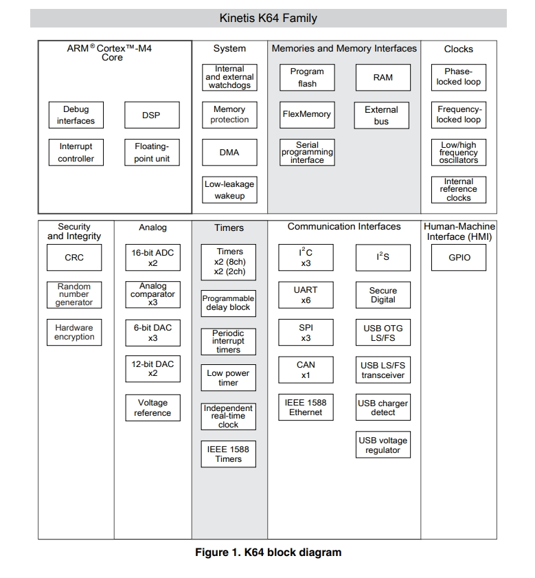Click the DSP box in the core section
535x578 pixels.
click(152, 115)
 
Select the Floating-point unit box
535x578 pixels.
click(152, 153)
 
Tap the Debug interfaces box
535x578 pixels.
click(76, 115)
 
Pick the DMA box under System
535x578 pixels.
click(229, 153)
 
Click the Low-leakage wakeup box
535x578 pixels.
click(229, 190)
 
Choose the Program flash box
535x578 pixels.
click(307, 78)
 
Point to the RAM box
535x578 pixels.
click(383, 78)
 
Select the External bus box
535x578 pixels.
click(381, 115)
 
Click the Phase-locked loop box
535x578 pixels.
click(458, 78)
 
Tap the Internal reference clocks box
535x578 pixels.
click(458, 190)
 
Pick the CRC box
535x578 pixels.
click(74, 257)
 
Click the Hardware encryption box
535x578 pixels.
click(74, 332)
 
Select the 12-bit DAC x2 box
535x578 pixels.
click(152, 368)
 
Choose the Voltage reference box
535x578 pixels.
click(152, 408)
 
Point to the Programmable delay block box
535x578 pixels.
click(228, 303)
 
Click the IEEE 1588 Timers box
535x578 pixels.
click(228, 454)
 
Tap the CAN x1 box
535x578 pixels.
click(306, 370)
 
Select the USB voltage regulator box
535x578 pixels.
click(383, 445)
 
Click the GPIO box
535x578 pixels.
click(458, 257)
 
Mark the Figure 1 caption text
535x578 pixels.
click(269, 552)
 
